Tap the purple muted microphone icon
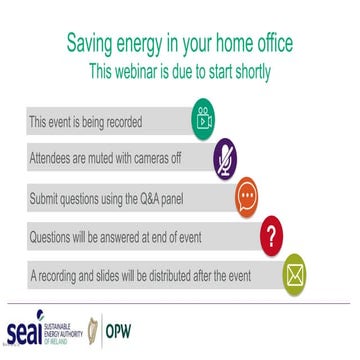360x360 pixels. click(x=226, y=157)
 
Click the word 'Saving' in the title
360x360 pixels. click(x=92, y=45)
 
